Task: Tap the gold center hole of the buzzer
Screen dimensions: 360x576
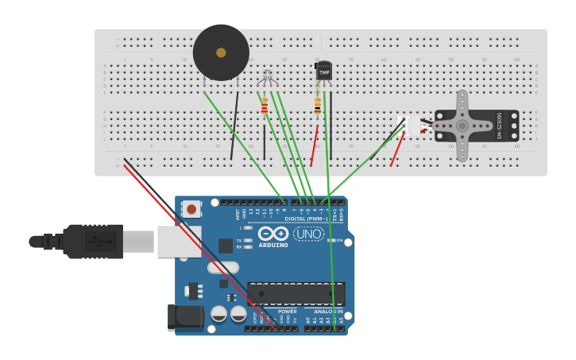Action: click(221, 52)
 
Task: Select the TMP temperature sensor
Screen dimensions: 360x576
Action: click(323, 71)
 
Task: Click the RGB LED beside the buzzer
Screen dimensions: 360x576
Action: click(267, 78)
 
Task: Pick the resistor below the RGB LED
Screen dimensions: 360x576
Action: click(265, 106)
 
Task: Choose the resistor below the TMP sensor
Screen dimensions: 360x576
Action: click(318, 106)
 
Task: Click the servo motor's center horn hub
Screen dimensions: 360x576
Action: click(462, 126)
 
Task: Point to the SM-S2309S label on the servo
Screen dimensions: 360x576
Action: click(501, 126)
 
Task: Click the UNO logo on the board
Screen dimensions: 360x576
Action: click(308, 234)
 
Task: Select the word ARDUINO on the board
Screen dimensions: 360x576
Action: click(273, 245)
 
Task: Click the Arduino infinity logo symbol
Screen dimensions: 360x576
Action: click(273, 234)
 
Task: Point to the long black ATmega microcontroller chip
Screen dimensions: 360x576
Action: click(296, 293)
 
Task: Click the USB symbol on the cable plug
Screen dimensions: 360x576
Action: click(95, 241)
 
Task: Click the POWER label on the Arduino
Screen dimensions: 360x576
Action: click(287, 312)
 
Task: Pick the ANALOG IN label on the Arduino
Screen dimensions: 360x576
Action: click(328, 312)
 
